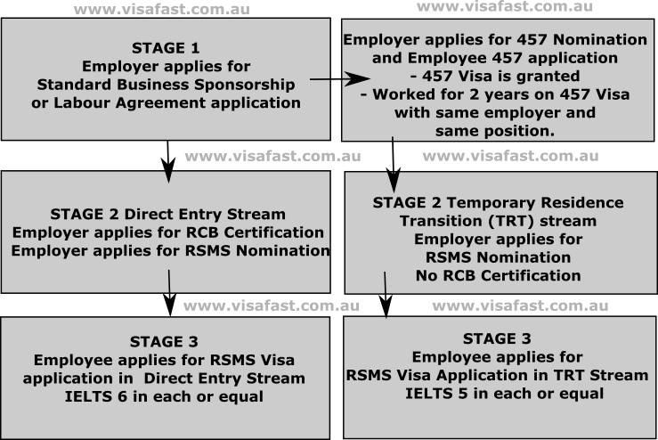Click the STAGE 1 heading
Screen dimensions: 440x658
coord(166,48)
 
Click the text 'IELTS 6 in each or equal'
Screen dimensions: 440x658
coord(167,396)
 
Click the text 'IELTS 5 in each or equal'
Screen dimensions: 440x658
coord(498,394)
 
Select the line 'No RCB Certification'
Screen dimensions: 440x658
coord(498,275)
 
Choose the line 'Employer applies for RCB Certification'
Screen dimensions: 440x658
coord(167,232)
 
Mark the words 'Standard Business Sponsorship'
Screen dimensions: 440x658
coord(166,85)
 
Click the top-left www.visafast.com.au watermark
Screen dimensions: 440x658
coord(161,10)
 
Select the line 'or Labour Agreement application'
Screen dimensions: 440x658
coord(166,102)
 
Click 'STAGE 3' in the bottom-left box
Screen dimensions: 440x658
coord(166,342)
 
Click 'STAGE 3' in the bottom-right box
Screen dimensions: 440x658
coord(498,338)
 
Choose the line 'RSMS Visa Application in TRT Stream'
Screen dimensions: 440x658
coord(498,375)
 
